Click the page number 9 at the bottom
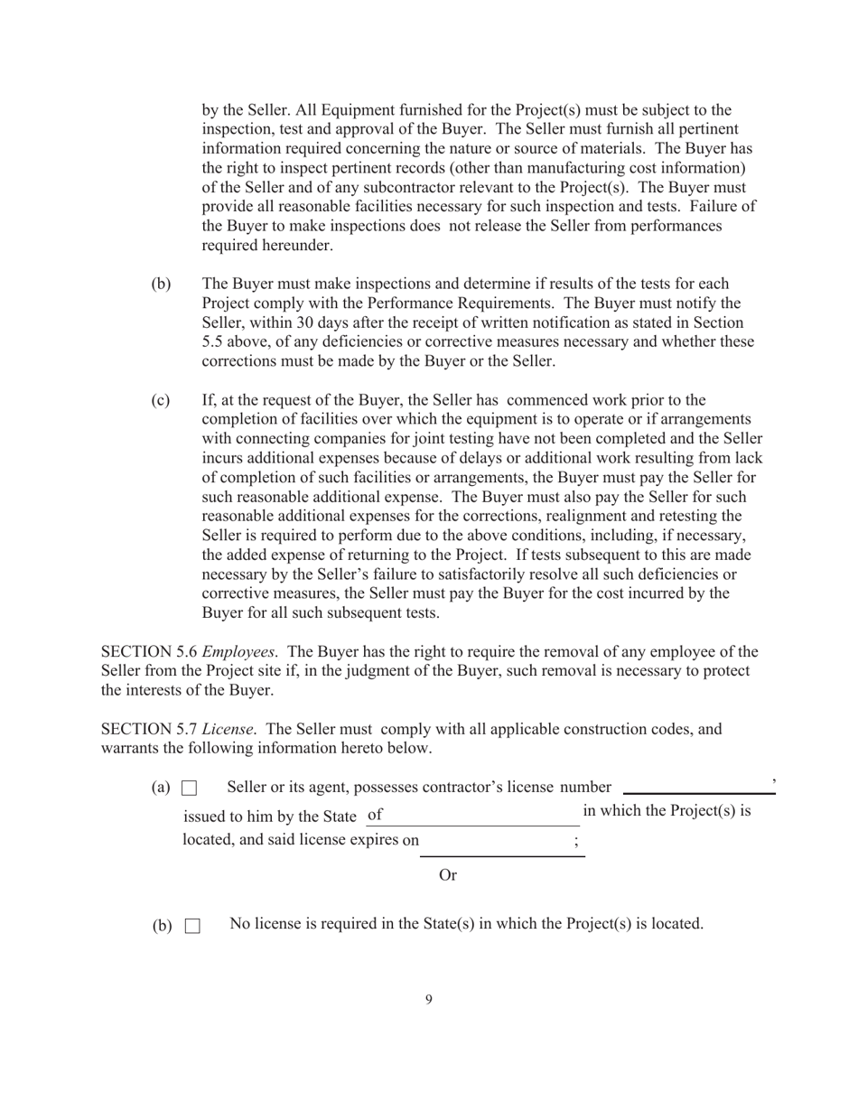pos(428,999)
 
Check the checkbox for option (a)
pos(190,789)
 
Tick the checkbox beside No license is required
pos(192,926)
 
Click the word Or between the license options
pos(448,874)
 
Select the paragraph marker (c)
pos(160,399)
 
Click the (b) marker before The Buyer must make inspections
pos(160,284)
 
